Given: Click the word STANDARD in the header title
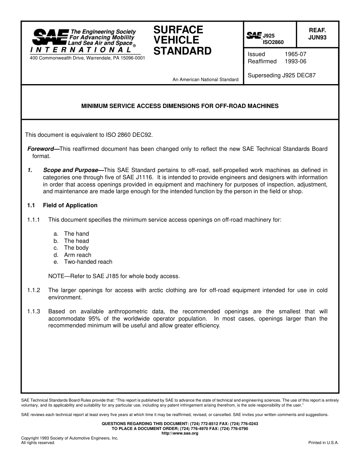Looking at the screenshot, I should point(182,51).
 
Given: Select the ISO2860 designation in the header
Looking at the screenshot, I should point(273,42).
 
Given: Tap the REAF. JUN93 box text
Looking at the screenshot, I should point(317,34).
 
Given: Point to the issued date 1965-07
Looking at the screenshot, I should point(296,54).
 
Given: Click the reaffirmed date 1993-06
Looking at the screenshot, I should point(296,61).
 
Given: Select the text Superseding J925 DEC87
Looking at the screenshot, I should point(282,75).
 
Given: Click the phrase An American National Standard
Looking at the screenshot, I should point(205,80).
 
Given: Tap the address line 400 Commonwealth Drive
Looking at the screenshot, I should point(87,58).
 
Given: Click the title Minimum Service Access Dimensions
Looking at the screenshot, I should point(180,106).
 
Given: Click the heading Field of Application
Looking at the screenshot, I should point(70,205).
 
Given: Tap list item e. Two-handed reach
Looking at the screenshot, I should point(88,262).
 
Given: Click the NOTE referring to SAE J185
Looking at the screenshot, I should point(114,276).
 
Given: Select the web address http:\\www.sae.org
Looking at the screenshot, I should point(180,433).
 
